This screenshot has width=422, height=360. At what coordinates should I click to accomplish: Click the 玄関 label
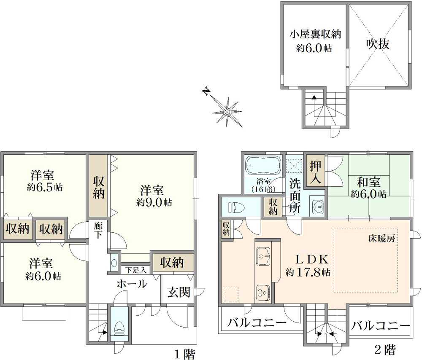[x=179, y=292]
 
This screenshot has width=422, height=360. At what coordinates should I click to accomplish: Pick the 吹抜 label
[x=377, y=44]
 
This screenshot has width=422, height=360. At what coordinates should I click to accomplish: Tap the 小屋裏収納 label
[x=315, y=34]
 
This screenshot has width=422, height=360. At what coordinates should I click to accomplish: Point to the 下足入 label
[x=135, y=270]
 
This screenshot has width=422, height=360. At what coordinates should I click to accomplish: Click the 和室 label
[x=368, y=183]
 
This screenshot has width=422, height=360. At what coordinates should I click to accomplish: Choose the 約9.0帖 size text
[x=154, y=202]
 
